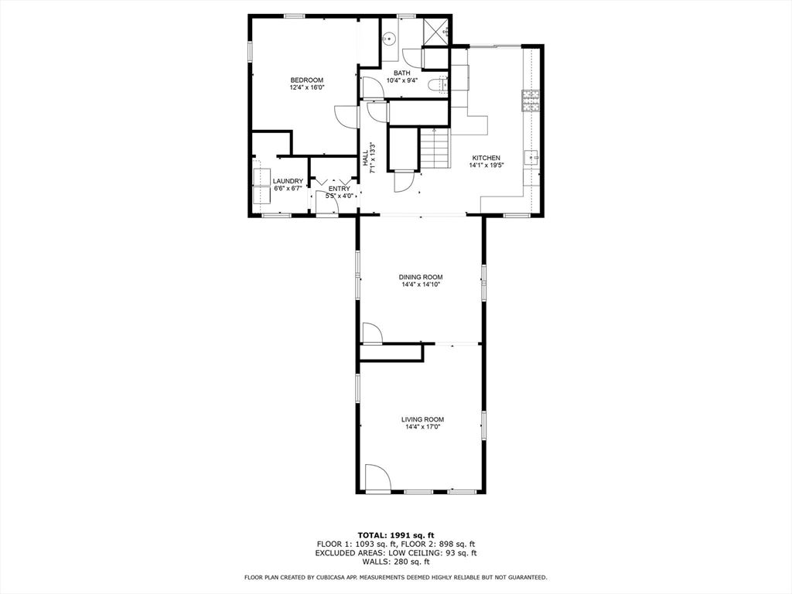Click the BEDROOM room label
tap(306, 80)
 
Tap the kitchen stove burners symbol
tap(531, 101)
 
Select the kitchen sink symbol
tap(532, 157)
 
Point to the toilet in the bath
tap(442, 85)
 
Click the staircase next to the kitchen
tap(435, 148)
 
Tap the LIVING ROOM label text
tap(422, 419)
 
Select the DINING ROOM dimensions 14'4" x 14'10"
tap(422, 285)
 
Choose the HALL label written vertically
tap(366, 158)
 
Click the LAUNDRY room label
tap(288, 181)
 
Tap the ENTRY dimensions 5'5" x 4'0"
tap(340, 196)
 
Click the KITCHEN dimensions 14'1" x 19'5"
tap(486, 165)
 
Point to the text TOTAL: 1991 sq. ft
tap(395, 534)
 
